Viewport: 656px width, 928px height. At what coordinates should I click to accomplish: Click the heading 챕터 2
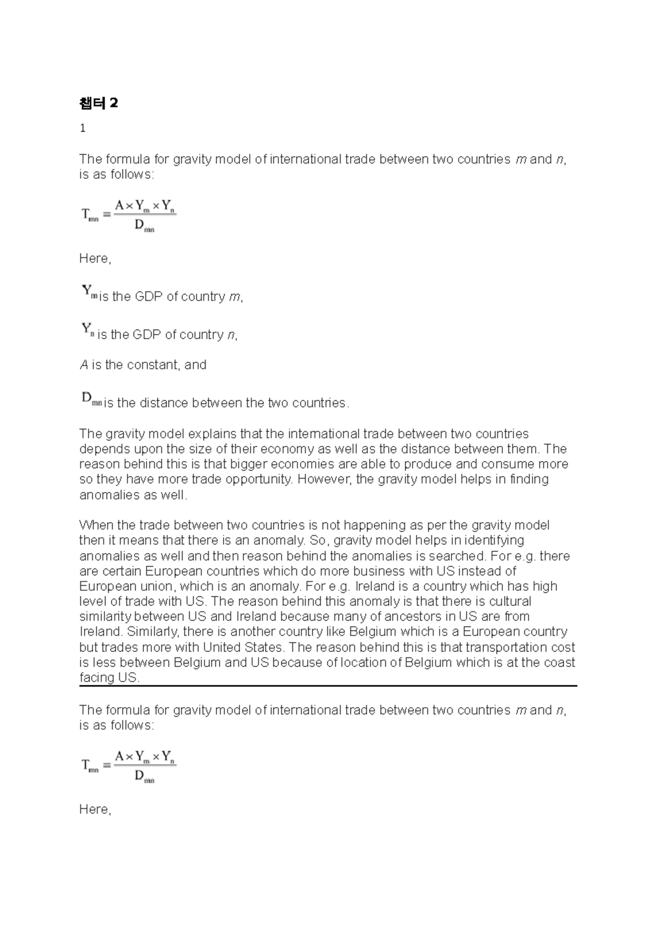tap(98, 103)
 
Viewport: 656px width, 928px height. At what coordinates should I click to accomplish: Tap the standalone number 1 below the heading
tap(83, 129)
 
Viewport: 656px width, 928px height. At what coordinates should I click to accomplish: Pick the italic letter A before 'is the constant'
tap(84, 365)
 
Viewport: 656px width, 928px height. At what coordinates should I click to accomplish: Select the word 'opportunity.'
tap(256, 479)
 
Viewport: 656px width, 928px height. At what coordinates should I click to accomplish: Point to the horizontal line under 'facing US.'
tap(328, 686)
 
